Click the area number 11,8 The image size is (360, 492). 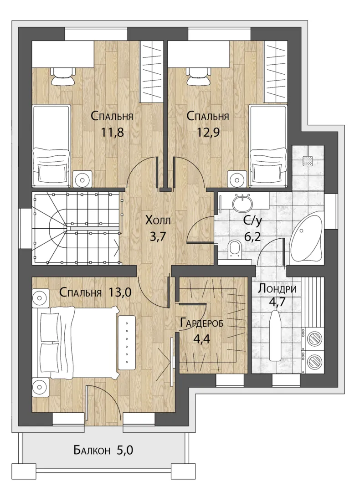113,132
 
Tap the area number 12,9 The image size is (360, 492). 208,132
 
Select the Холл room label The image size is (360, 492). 158,220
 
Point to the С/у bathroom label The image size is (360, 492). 252,221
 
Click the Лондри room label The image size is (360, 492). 277,289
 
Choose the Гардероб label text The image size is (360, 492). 202,323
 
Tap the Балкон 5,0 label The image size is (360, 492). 103,451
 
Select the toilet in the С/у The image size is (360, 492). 234,249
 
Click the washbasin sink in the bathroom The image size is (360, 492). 242,202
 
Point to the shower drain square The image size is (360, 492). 307,161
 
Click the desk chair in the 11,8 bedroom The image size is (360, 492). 63,76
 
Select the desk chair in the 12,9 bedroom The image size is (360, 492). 199,76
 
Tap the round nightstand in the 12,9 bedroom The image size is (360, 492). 236,180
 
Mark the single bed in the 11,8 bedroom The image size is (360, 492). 51,146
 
